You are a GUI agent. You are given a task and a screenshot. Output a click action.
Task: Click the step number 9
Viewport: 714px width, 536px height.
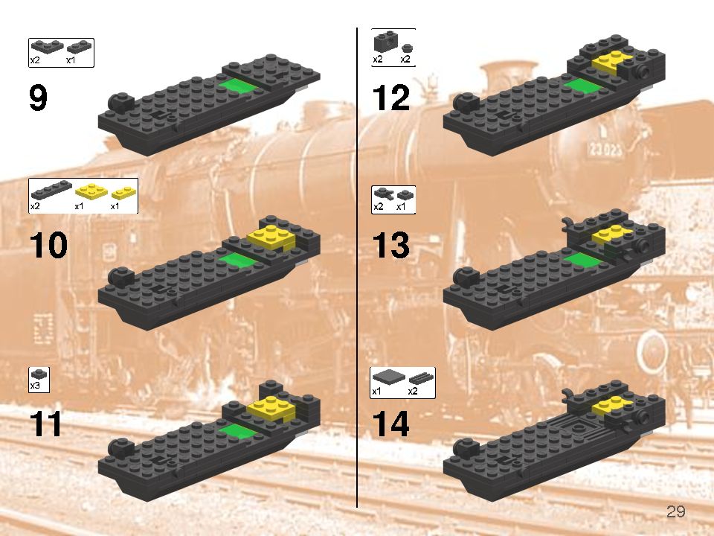click(38, 98)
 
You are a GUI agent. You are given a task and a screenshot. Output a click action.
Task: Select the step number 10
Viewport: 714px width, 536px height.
click(49, 245)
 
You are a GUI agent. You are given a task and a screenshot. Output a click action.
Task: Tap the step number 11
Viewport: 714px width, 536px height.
click(45, 424)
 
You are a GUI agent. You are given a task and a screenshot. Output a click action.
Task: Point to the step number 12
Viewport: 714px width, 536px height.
click(390, 98)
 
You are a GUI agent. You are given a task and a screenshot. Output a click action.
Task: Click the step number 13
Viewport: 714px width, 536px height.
click(390, 245)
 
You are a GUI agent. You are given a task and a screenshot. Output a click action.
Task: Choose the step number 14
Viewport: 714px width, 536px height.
click(390, 424)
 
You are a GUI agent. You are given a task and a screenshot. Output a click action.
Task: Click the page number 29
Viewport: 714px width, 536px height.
click(676, 512)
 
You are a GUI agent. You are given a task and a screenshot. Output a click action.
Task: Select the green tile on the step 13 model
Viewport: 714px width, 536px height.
click(583, 261)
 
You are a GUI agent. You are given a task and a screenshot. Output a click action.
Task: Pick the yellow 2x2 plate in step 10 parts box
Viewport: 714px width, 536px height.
click(91, 191)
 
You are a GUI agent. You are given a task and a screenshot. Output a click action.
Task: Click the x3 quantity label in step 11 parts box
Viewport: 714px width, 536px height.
click(35, 386)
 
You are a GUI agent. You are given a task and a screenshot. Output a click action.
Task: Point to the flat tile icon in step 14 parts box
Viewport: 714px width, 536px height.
click(388, 377)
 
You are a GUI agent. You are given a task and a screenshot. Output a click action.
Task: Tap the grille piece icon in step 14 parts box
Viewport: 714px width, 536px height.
click(420, 378)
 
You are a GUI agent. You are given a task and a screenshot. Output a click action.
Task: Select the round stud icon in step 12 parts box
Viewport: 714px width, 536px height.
click(407, 48)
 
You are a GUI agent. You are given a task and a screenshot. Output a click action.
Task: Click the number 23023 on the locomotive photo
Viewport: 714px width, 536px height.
click(605, 149)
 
